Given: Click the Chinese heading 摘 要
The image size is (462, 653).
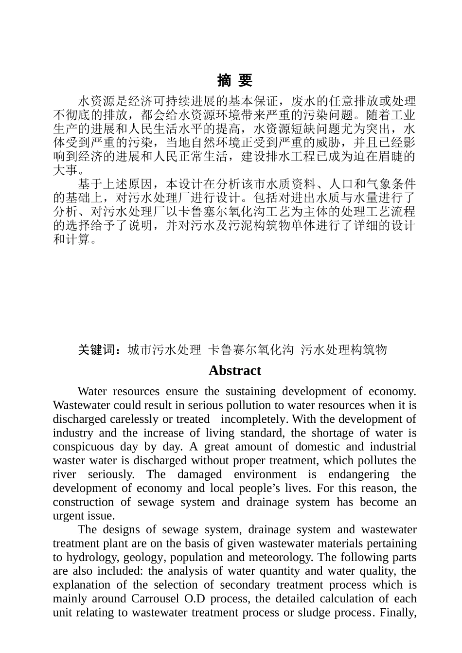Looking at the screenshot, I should point(234,80).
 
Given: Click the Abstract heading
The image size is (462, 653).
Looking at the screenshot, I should point(234,371).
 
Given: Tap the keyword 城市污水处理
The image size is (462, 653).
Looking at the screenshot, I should point(164,350).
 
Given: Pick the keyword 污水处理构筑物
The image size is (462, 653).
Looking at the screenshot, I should point(344,350).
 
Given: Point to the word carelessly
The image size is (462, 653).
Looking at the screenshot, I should point(134,419).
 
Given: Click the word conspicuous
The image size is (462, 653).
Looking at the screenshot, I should point(83,447).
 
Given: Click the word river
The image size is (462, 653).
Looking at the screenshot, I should point(65,475).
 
